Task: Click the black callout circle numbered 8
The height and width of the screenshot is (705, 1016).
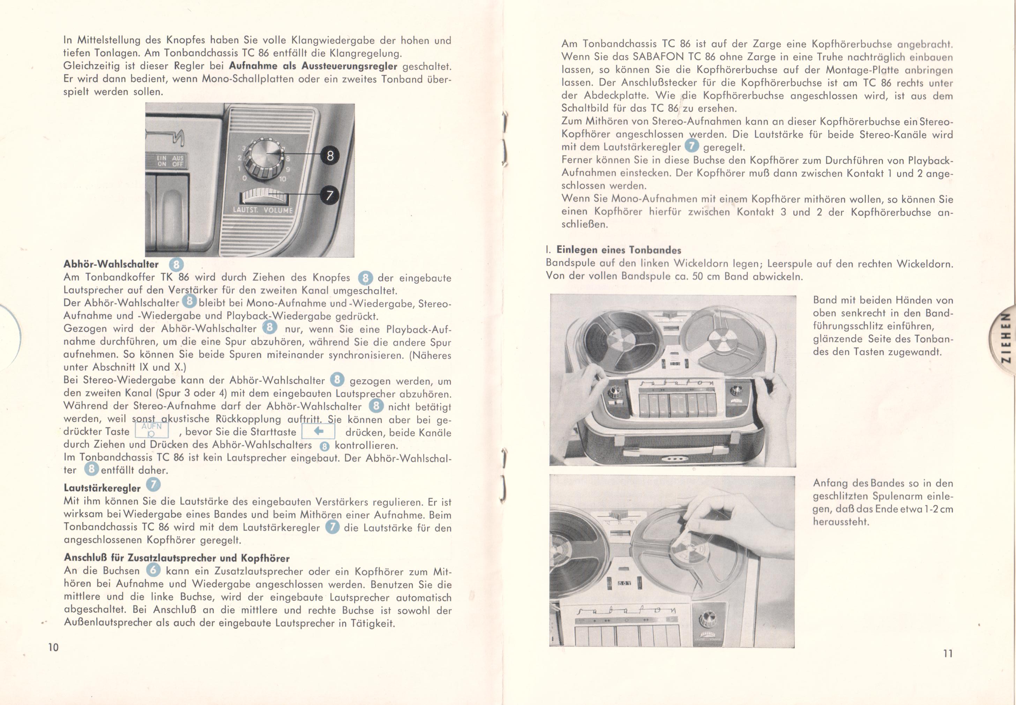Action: tap(330, 155)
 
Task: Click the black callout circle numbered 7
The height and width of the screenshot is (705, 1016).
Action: tap(329, 195)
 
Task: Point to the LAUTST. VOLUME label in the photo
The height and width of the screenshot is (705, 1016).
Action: tap(263, 210)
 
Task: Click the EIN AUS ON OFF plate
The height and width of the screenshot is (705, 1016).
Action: tap(170, 161)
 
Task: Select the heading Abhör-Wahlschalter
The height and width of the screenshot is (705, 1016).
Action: tap(111, 264)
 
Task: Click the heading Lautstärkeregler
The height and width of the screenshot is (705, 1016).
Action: tap(102, 488)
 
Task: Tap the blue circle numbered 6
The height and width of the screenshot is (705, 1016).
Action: tap(153, 570)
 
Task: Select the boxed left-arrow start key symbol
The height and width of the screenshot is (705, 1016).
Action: tap(318, 431)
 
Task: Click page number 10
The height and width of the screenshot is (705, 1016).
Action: tap(53, 647)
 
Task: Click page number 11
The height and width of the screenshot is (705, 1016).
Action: tap(948, 653)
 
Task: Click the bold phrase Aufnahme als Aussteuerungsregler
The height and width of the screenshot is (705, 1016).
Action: tap(313, 66)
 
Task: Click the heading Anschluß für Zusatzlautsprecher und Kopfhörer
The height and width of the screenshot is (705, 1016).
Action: tap(177, 558)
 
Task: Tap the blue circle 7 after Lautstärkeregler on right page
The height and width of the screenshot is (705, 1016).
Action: tap(692, 145)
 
